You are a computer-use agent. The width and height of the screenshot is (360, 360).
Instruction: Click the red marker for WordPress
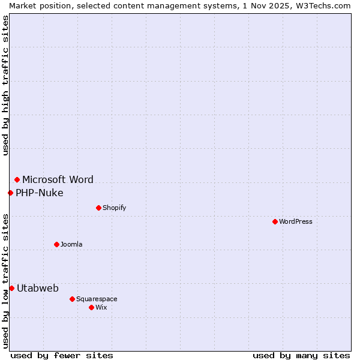point(275,221)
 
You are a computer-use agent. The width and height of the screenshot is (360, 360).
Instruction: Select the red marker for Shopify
point(98,208)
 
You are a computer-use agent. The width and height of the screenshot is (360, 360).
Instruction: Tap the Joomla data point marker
point(56,244)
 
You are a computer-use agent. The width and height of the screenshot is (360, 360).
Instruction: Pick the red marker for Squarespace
point(72,299)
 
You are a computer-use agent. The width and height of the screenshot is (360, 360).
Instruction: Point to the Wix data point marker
point(91,307)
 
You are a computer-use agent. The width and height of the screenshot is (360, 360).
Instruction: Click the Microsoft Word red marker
point(17,179)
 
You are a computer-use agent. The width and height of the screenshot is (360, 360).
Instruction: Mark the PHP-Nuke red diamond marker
point(10,193)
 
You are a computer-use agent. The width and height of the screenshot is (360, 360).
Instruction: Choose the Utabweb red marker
point(11,288)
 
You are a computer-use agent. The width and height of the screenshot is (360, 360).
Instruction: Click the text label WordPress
point(296,221)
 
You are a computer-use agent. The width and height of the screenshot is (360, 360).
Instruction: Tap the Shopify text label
point(114,208)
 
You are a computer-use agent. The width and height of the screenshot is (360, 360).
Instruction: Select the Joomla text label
point(71,244)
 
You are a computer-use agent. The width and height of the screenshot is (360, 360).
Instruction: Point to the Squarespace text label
point(97,299)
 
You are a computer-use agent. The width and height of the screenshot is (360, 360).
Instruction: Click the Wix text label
point(101,307)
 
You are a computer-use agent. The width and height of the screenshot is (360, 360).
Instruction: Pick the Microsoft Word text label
point(58,179)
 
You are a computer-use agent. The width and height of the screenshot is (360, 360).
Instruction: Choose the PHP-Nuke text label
point(39,193)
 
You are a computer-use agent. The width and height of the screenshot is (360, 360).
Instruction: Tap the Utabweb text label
point(37,288)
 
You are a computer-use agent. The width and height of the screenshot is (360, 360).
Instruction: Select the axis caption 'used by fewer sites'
point(62,355)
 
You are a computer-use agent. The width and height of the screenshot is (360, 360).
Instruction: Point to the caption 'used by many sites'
point(301,355)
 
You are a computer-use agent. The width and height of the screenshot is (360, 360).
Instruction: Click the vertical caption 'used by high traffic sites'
point(5,85)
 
